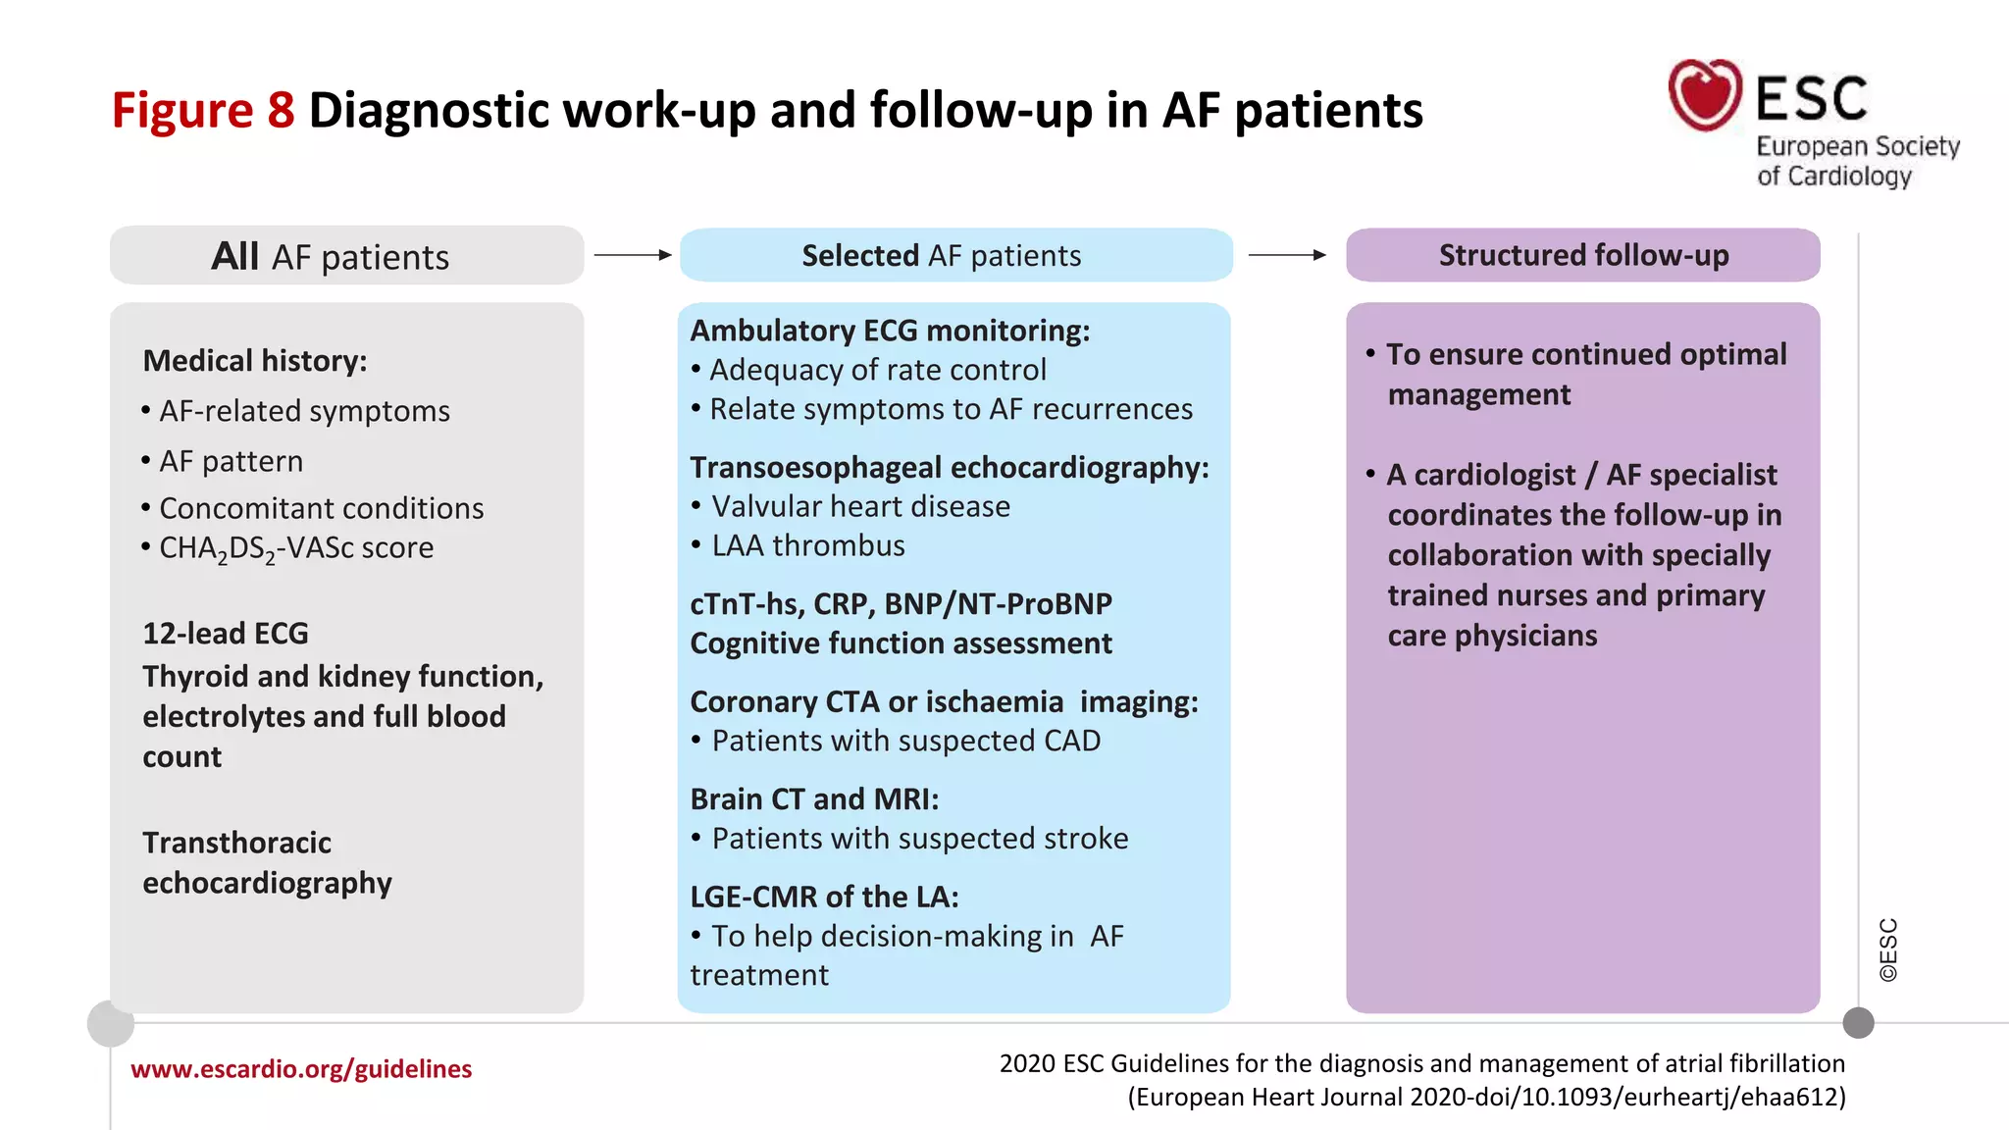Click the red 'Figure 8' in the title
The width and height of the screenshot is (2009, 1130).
coord(202,110)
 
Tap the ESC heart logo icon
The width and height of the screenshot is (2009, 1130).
coord(1705,95)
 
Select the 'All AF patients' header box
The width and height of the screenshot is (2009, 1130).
coord(346,256)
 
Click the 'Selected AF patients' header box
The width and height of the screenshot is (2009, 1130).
coord(954,255)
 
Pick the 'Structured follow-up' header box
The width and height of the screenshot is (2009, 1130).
coord(1582,255)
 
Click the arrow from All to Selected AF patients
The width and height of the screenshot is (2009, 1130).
coord(633,255)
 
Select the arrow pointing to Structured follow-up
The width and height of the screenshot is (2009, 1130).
coord(1287,255)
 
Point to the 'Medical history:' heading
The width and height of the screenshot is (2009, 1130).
coord(255,361)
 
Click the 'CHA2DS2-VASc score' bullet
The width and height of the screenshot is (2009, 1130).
coord(295,548)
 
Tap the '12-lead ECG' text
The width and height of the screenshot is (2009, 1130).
coord(226,634)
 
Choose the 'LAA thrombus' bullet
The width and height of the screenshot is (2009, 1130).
coord(807,545)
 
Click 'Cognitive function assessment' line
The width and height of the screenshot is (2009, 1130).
coord(901,643)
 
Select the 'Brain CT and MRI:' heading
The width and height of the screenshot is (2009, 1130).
coord(814,799)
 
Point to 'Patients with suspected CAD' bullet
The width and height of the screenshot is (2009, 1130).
coord(905,741)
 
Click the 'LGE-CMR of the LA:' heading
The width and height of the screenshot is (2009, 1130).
coord(824,897)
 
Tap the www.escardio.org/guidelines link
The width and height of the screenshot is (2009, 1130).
coord(301,1069)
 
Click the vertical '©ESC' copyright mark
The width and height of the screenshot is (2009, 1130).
coord(1888,950)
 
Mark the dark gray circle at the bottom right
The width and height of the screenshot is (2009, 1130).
coord(1858,1023)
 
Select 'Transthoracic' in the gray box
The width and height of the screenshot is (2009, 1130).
coord(236,843)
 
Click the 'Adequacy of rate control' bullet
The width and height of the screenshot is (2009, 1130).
coord(877,370)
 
